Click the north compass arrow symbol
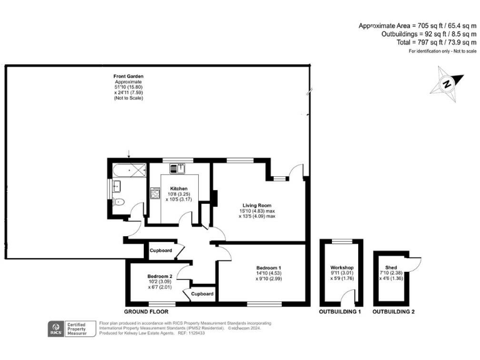(448, 83)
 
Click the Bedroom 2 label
(159, 276)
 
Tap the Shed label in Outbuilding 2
(391, 267)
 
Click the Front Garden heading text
(128, 76)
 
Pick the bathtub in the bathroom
(129, 169)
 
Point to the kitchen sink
(181, 167)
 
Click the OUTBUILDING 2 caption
(393, 311)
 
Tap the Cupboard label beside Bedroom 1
(202, 294)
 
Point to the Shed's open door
(416, 261)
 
